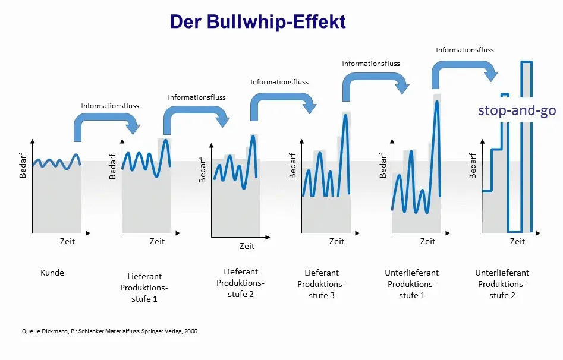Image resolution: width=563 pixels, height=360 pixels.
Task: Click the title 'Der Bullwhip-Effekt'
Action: (x=257, y=21)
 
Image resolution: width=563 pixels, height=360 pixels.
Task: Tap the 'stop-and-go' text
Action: (x=517, y=110)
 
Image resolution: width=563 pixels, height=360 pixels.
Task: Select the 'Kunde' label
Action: (x=52, y=273)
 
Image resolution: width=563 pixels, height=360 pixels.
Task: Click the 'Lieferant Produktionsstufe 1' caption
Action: (x=144, y=288)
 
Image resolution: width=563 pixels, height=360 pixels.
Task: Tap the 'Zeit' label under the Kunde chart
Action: (x=68, y=241)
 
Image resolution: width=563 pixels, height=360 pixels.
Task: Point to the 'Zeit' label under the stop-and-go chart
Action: (x=517, y=241)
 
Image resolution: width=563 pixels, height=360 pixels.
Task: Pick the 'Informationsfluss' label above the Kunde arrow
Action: (x=110, y=106)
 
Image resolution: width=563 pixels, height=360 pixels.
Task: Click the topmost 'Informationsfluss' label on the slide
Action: (x=465, y=50)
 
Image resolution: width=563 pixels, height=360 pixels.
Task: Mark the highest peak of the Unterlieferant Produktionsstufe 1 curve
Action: (x=437, y=102)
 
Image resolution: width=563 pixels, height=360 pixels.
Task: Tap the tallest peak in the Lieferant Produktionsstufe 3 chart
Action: (x=345, y=115)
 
